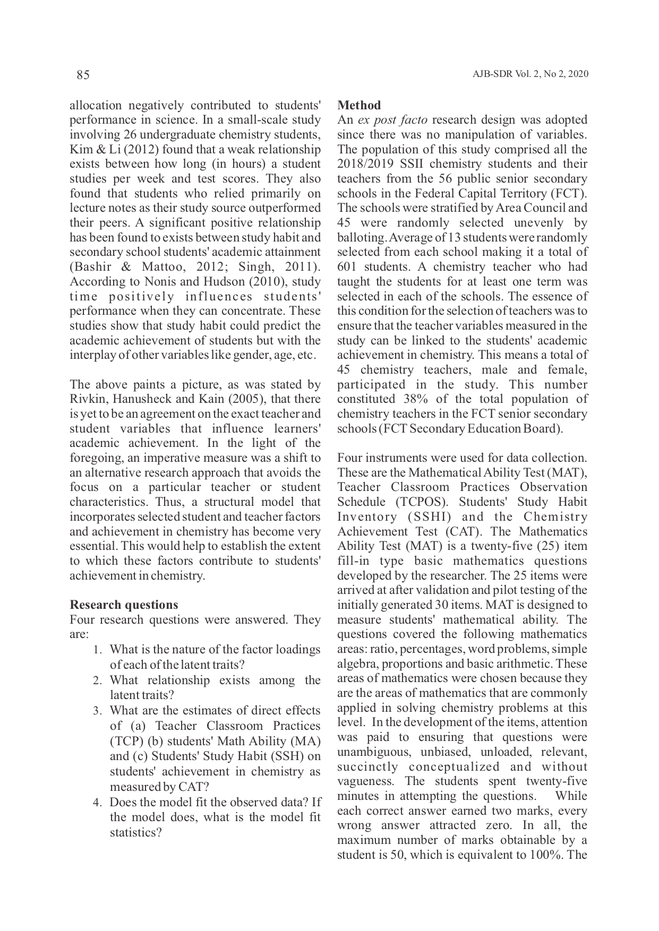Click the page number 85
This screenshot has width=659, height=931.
[83, 75]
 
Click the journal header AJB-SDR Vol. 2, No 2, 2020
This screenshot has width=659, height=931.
[530, 74]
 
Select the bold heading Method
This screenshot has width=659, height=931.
[359, 105]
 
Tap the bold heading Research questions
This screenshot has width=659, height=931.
[124, 605]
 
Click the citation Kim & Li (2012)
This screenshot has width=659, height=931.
[106, 149]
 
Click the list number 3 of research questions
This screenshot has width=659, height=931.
[97, 711]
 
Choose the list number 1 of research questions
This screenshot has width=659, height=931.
[97, 650]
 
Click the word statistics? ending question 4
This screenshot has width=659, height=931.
[135, 832]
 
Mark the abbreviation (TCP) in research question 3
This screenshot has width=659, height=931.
[126, 741]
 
